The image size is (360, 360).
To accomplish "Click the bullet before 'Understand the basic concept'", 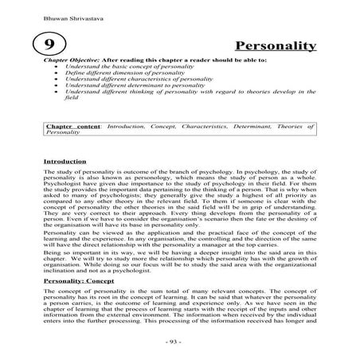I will pos(55,68).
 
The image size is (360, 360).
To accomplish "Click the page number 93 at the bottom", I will pos(179,341).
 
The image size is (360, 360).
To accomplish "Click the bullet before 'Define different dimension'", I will pos(55,76).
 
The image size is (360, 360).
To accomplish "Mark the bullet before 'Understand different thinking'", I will pos(55,96).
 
